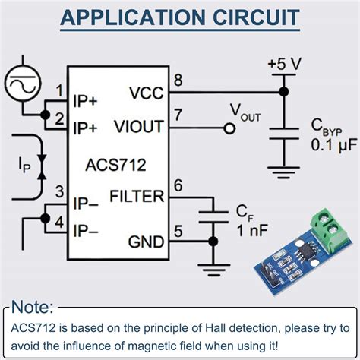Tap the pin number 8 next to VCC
pyautogui.click(x=178, y=81)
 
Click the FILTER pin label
pyautogui.click(x=137, y=197)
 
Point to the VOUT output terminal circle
pyautogui.click(x=227, y=129)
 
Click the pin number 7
pyautogui.click(x=178, y=115)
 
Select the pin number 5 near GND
pyautogui.click(x=178, y=231)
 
